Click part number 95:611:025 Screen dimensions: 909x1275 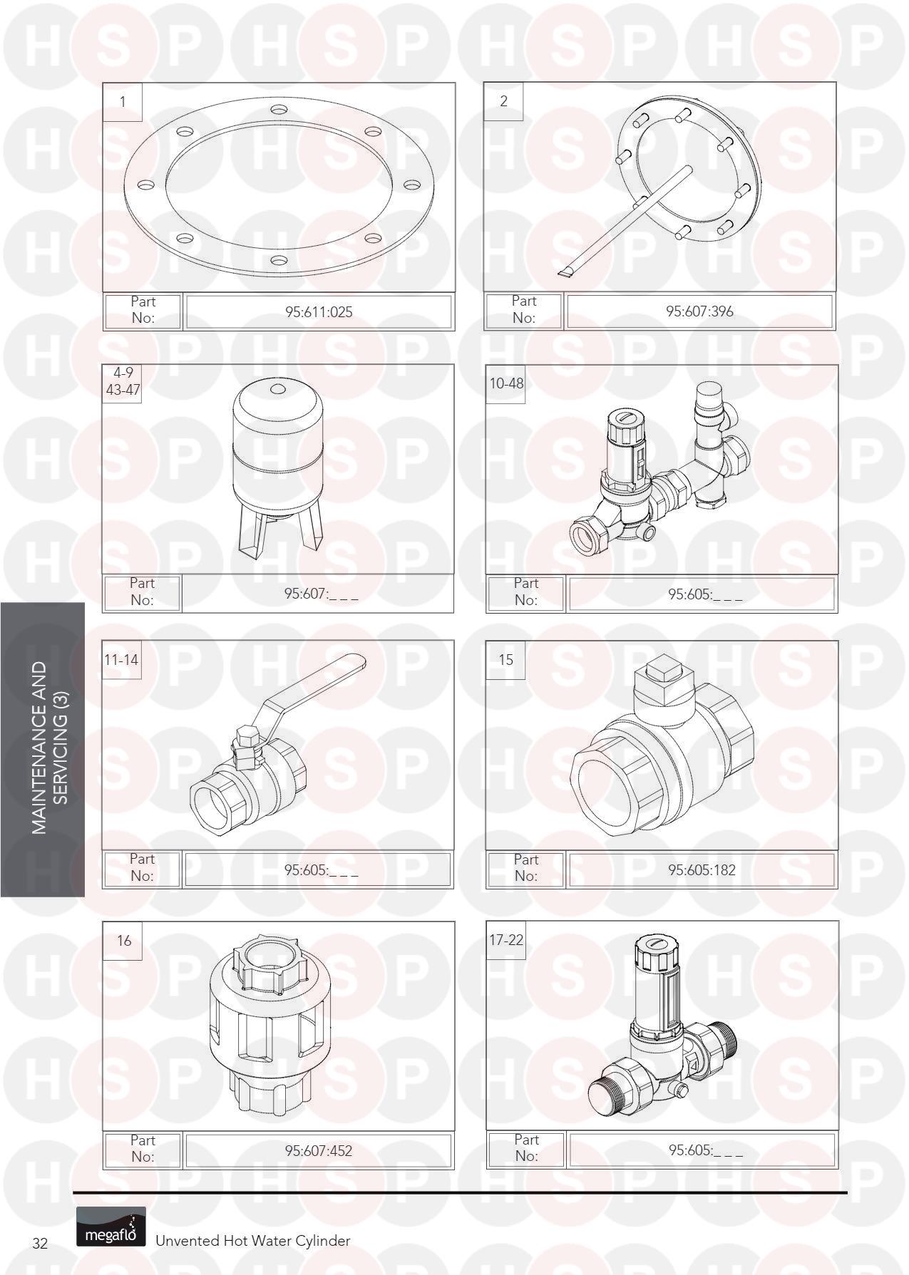(319, 311)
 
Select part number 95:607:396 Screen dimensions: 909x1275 (699, 311)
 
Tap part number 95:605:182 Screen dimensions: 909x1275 (702, 869)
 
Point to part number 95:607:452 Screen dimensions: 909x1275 (319, 1150)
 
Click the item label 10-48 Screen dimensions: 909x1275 (506, 383)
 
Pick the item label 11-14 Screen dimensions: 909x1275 (121, 659)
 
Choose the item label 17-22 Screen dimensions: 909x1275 (506, 940)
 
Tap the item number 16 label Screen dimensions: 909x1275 (124, 941)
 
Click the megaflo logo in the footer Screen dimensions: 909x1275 (111, 1227)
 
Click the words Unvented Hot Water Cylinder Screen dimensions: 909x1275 (253, 1241)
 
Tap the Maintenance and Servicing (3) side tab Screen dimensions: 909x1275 (43, 749)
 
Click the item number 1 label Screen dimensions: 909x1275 (123, 102)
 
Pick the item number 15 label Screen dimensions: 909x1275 (505, 660)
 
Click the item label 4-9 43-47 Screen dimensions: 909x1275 (123, 381)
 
